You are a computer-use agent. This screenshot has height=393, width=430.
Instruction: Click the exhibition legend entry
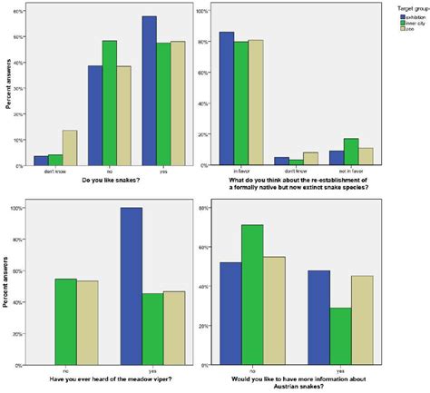point(410,15)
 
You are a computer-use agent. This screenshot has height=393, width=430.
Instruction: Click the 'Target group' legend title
point(407,7)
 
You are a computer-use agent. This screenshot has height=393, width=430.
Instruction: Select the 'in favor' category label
point(240,171)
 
